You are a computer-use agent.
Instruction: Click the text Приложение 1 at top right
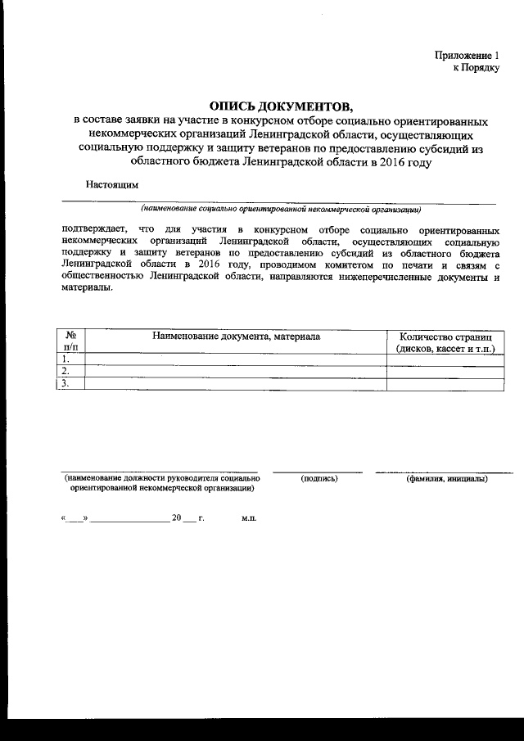coord(467,55)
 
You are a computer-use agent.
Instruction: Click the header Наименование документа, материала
coord(236,336)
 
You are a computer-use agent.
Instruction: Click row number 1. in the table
coord(66,359)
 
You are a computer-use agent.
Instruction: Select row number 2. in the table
coord(66,371)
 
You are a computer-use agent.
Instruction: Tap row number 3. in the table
coord(66,383)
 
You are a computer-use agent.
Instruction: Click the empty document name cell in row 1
coord(236,359)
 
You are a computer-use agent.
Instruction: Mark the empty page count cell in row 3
coord(445,383)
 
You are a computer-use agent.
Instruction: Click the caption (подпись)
coord(318,478)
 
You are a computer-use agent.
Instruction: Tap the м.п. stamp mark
coord(249,519)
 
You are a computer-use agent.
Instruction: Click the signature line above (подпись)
coord(318,471)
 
